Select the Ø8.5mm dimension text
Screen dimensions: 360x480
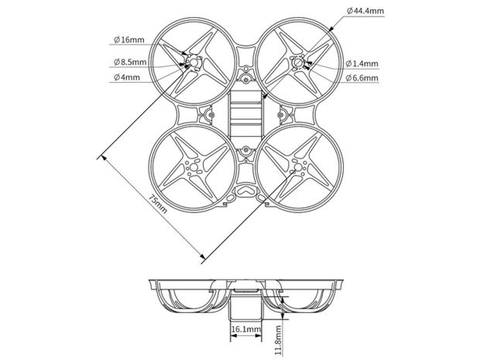tap(129, 61)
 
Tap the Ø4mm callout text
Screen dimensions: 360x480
tap(126, 77)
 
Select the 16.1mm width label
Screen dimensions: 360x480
tap(245, 328)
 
